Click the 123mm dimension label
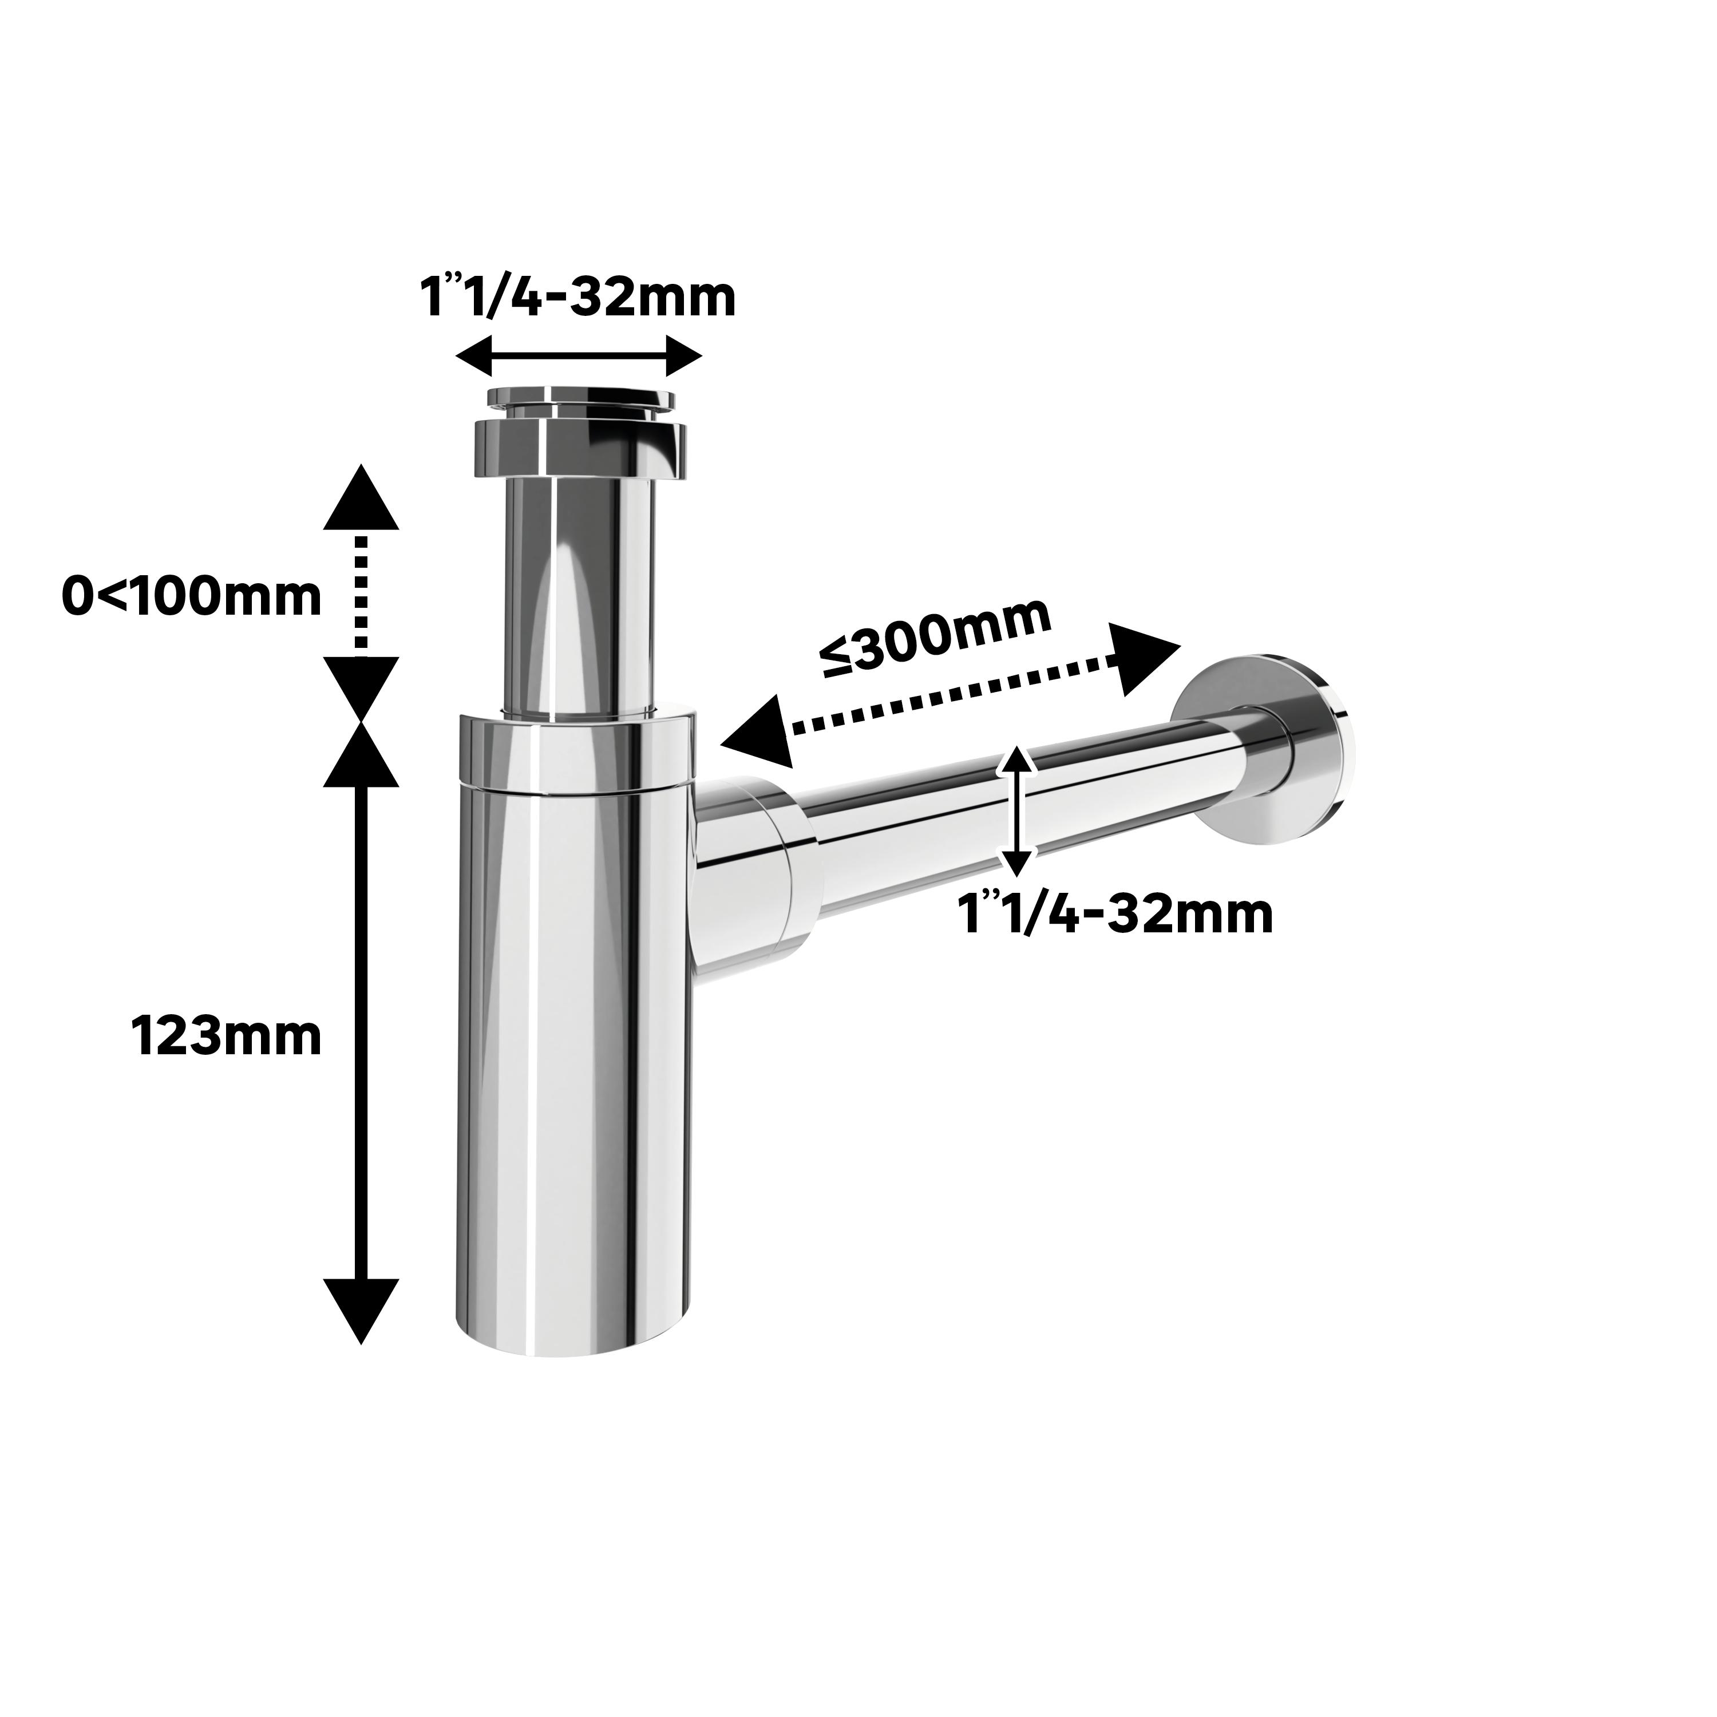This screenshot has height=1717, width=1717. click(x=227, y=1036)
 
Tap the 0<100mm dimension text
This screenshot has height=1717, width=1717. click(x=191, y=596)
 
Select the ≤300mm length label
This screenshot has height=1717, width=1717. click(x=936, y=636)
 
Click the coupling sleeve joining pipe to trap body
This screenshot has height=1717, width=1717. click(x=755, y=880)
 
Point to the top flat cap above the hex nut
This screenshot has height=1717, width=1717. click(x=579, y=400)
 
